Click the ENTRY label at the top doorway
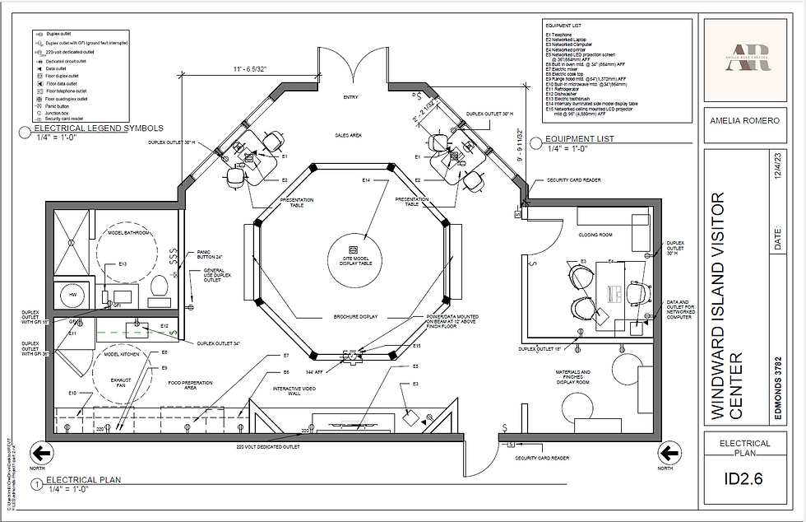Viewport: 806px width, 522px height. tap(351, 97)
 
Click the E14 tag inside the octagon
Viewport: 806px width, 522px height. tap(366, 179)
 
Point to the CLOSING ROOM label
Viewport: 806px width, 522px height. tap(595, 235)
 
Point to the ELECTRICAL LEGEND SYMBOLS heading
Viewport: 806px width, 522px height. tap(99, 128)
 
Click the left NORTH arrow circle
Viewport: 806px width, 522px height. tap(40, 452)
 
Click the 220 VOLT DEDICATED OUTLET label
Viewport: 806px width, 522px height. tap(267, 446)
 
